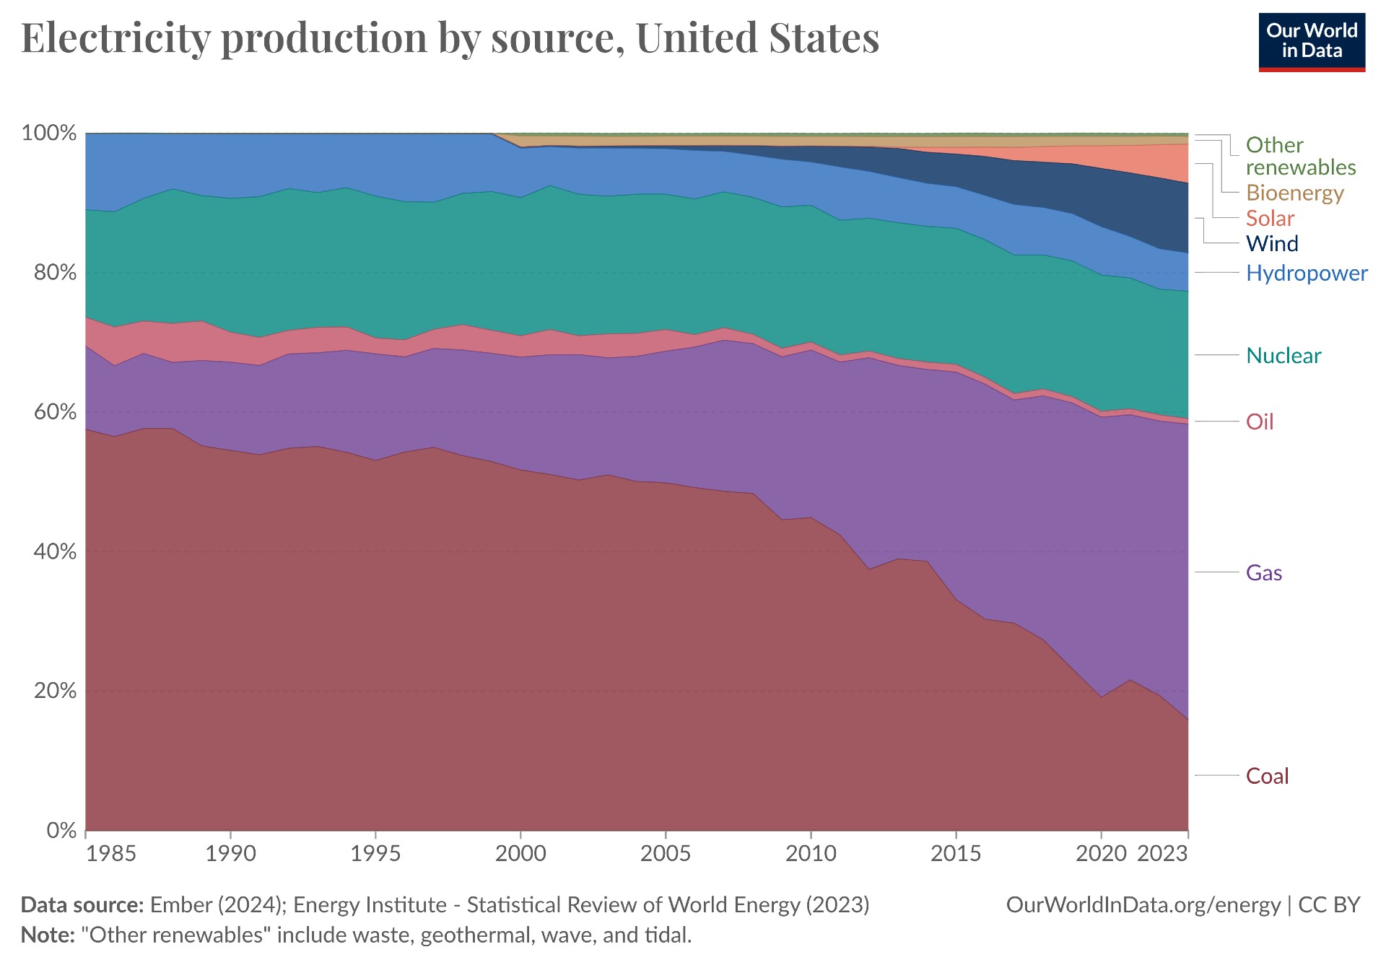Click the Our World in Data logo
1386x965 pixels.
pyautogui.click(x=1312, y=42)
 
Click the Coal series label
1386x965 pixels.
pyautogui.click(x=1267, y=776)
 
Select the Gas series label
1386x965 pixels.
pyautogui.click(x=1263, y=573)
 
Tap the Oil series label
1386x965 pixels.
pyautogui.click(x=1260, y=422)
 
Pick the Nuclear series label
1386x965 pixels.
pyautogui.click(x=1283, y=355)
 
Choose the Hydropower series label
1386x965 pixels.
pyautogui.click(x=1306, y=273)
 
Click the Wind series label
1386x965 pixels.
pyautogui.click(x=1272, y=243)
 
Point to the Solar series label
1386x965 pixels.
pyautogui.click(x=1270, y=218)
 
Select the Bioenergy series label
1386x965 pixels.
pyautogui.click(x=1294, y=193)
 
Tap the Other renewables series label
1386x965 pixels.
pyautogui.click(x=1300, y=156)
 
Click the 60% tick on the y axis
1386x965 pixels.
pyautogui.click(x=49, y=412)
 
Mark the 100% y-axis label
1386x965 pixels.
pyautogui.click(x=49, y=133)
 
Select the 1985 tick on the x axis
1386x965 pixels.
pyautogui.click(x=110, y=853)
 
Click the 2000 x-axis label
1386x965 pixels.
pyautogui.click(x=520, y=853)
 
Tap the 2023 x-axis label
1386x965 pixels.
pyautogui.click(x=1161, y=853)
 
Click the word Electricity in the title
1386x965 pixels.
pyautogui.click(x=115, y=38)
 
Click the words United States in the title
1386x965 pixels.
pyautogui.click(x=757, y=38)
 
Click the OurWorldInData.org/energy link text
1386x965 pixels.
pyautogui.click(x=1143, y=904)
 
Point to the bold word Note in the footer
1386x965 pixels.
pyautogui.click(x=47, y=935)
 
